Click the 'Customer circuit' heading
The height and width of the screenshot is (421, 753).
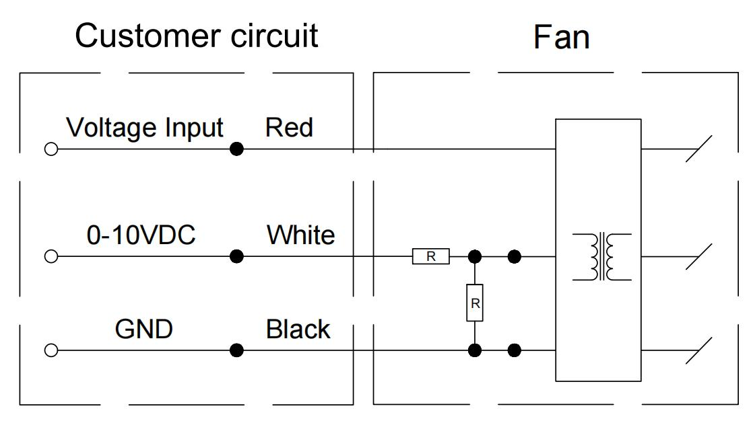point(196,36)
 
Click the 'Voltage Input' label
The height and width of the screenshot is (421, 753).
point(145,127)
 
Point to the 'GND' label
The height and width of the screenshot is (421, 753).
point(144,329)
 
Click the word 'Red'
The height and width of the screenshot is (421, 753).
point(289,127)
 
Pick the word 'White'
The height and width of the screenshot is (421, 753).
point(300,235)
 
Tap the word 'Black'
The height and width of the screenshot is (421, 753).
point(298,329)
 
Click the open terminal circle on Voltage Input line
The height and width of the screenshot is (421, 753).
point(51,149)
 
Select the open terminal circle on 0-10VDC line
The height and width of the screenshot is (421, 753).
point(51,256)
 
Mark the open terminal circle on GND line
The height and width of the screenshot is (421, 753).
point(51,350)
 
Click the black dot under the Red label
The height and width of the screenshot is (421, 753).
point(236,149)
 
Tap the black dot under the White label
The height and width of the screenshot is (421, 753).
point(236,256)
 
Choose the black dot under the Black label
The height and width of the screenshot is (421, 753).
point(236,350)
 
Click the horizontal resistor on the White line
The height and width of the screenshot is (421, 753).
point(431,256)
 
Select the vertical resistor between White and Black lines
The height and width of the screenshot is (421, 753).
point(475,303)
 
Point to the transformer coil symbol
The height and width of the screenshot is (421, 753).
point(602,256)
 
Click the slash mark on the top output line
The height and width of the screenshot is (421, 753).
point(698,149)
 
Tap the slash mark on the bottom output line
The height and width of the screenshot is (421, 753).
point(698,350)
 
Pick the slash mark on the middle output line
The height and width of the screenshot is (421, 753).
point(698,256)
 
